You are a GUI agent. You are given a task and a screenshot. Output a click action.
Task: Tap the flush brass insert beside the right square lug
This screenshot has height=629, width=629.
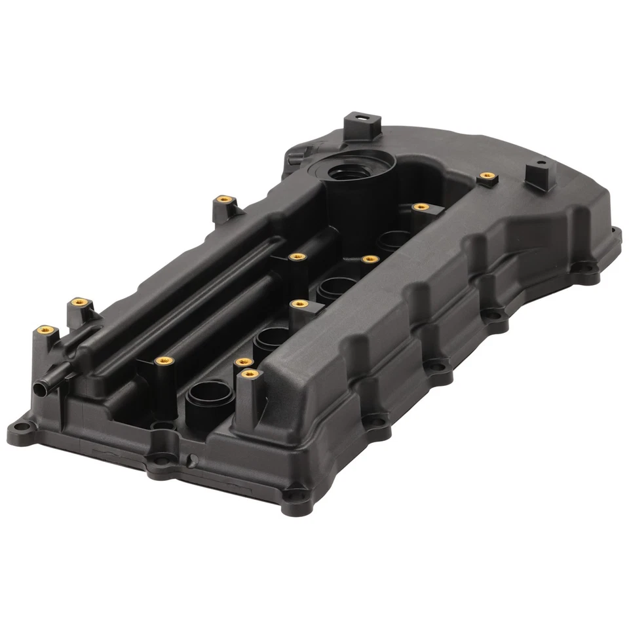coord(486,176)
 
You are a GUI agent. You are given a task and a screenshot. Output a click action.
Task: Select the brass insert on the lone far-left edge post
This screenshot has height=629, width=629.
coord(223,199)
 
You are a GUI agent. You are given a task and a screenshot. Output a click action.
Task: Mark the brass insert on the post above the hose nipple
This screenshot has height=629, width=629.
coord(45,330)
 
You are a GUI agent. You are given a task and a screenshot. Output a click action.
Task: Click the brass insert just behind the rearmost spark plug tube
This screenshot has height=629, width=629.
coord(420,206)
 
